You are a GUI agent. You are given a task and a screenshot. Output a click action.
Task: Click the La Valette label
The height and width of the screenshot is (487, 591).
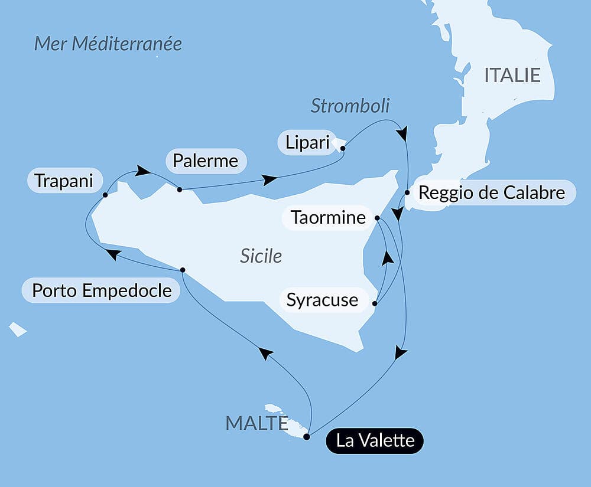pos(375,440)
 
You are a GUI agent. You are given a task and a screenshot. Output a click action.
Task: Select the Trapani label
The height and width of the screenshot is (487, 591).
pos(64,181)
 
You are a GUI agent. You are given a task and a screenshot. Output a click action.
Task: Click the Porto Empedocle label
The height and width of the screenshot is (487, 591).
pos(102,290)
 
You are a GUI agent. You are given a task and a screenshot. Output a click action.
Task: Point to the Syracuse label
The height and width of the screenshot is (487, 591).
pos(322,300)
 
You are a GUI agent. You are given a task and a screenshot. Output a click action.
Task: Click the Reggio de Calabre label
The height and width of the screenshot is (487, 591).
pos(492,192)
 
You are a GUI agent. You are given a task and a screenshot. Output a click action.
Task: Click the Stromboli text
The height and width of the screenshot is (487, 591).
pos(350,106)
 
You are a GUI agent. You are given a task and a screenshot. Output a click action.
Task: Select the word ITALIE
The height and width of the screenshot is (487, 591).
pos(512,76)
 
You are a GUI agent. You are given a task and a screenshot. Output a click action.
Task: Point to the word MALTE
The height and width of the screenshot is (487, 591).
pos(256,423)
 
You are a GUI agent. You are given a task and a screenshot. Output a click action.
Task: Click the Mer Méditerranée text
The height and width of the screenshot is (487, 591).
pos(108,44)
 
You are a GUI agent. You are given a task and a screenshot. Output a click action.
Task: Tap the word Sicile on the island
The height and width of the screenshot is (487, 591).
pos(261,256)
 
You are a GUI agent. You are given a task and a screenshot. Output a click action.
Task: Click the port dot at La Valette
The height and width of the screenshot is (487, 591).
pos(306,437)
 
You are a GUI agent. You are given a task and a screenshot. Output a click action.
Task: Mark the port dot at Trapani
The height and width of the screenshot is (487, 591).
pos(105,194)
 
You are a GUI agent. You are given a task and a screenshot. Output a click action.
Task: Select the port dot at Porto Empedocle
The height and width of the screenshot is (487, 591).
pos(183,270)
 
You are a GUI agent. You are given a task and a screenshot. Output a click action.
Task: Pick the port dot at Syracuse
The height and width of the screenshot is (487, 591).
pos(375,304)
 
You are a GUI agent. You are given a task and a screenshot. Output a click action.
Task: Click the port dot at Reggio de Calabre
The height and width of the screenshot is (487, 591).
pos(407,192)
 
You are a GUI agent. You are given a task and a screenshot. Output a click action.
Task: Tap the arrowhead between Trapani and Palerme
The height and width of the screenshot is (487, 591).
pos(142,171)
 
